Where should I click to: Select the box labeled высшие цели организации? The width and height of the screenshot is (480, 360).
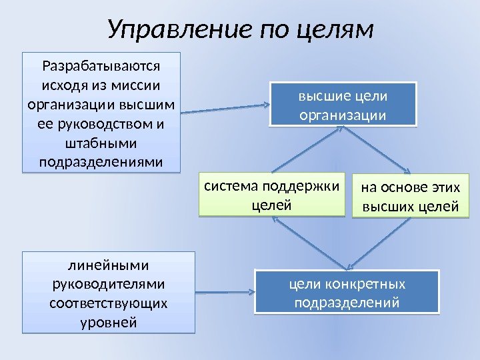pyautogui.click(x=343, y=105)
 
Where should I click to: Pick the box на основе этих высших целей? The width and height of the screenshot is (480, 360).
pyautogui.click(x=410, y=197)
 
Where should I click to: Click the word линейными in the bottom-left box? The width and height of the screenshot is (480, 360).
pyautogui.click(x=109, y=265)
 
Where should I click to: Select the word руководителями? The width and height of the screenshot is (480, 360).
pyautogui.click(x=109, y=285)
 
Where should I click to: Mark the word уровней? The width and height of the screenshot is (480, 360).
pyautogui.click(x=109, y=323)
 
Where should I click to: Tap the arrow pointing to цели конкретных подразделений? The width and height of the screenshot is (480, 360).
pyautogui.click(x=227, y=292)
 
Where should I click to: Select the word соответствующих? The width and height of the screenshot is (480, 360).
pyautogui.click(x=109, y=304)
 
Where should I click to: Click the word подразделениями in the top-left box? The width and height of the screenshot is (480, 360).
pyautogui.click(x=101, y=162)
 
